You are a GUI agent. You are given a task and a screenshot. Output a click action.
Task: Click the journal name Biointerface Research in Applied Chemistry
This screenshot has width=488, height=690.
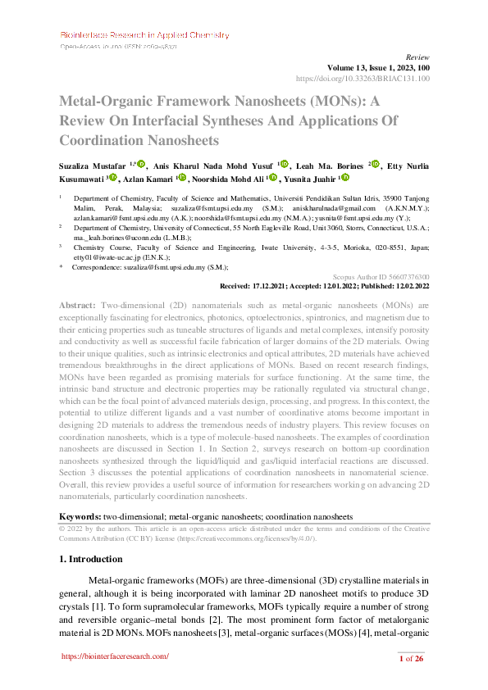point(144,35)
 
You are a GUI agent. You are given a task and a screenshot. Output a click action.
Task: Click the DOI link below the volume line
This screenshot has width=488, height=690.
point(362,79)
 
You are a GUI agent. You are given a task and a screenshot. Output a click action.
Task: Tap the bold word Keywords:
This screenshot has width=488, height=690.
point(80,517)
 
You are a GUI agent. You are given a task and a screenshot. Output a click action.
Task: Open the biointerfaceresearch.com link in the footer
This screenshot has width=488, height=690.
point(116,656)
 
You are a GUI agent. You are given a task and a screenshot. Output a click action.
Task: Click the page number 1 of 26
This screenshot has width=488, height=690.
point(410,659)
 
